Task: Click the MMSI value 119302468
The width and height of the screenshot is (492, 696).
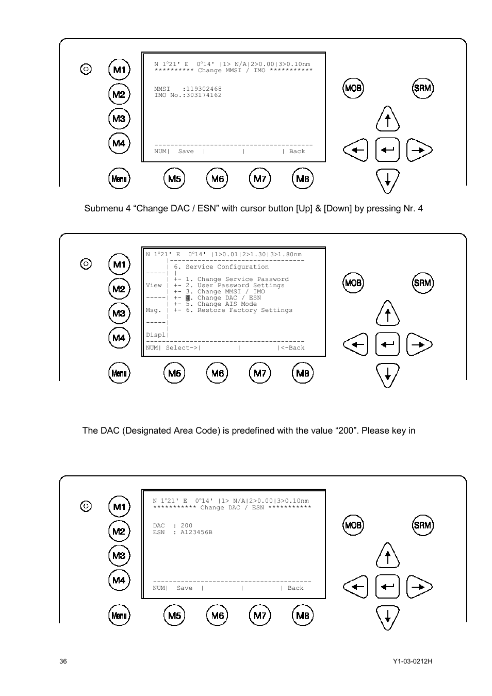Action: (x=204, y=89)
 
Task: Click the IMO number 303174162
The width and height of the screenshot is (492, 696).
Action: (x=204, y=95)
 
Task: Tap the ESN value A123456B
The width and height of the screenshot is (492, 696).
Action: (x=196, y=532)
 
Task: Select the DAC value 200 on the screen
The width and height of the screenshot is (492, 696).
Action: (x=186, y=526)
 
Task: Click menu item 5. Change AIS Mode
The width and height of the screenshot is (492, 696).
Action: (x=221, y=304)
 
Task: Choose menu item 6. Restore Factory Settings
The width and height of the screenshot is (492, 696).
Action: (x=239, y=310)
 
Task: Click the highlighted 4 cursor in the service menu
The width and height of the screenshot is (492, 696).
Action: (x=188, y=298)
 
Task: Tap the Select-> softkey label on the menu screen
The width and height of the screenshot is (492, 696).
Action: (x=182, y=348)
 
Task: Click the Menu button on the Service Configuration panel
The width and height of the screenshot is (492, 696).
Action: (x=119, y=373)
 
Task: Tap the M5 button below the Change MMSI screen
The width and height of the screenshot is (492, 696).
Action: (x=175, y=179)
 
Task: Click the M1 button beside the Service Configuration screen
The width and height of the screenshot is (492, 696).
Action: (x=119, y=264)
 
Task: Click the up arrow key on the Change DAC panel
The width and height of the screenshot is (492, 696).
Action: (x=387, y=556)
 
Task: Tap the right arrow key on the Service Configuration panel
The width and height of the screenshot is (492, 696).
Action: (x=419, y=345)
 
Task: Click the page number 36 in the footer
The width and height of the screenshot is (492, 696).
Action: (x=63, y=662)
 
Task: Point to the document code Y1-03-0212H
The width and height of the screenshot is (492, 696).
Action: (x=412, y=662)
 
